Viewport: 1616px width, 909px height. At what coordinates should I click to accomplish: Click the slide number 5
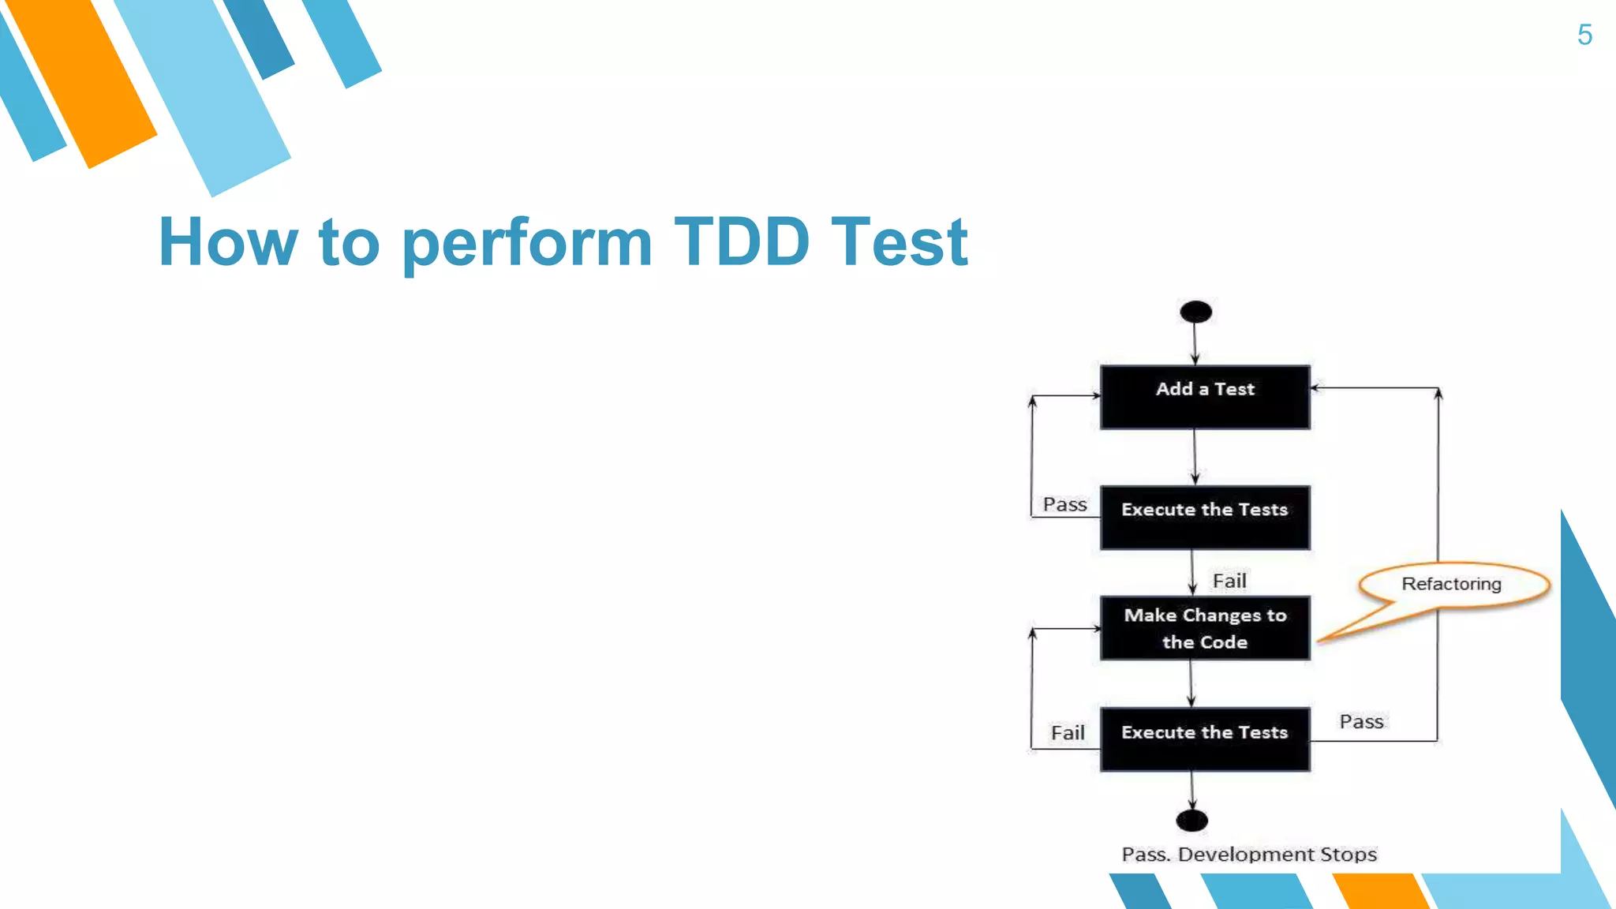coord(1584,35)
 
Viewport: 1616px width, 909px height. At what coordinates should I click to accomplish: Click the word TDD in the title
coord(741,241)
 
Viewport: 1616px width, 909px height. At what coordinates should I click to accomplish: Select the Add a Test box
coord(1205,397)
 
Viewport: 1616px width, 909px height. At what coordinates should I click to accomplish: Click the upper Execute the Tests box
coord(1205,517)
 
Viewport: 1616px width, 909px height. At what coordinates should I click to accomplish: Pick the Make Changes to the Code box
coord(1205,628)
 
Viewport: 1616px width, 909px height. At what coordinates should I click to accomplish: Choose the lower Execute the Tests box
coord(1205,739)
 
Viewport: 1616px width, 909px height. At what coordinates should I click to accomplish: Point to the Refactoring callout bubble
coord(1452,584)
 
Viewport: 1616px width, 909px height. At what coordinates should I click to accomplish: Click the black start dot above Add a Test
coord(1195,312)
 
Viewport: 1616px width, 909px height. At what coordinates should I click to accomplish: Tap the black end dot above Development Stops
coord(1191,821)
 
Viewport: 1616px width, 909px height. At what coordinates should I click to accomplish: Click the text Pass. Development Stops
coord(1249,855)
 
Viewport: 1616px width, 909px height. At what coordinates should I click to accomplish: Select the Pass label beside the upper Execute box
coord(1064,504)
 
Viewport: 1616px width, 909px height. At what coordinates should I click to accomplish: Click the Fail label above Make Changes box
coord(1229,581)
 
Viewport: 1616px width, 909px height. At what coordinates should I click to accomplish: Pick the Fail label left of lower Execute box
coord(1068,733)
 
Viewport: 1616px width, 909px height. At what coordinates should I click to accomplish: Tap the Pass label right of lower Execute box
coord(1361,721)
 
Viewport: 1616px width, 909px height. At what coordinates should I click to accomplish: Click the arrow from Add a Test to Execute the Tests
coord(1195,458)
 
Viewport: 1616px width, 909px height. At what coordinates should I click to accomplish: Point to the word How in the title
coord(228,242)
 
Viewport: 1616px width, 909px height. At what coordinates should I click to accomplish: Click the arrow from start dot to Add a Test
coord(1195,345)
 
